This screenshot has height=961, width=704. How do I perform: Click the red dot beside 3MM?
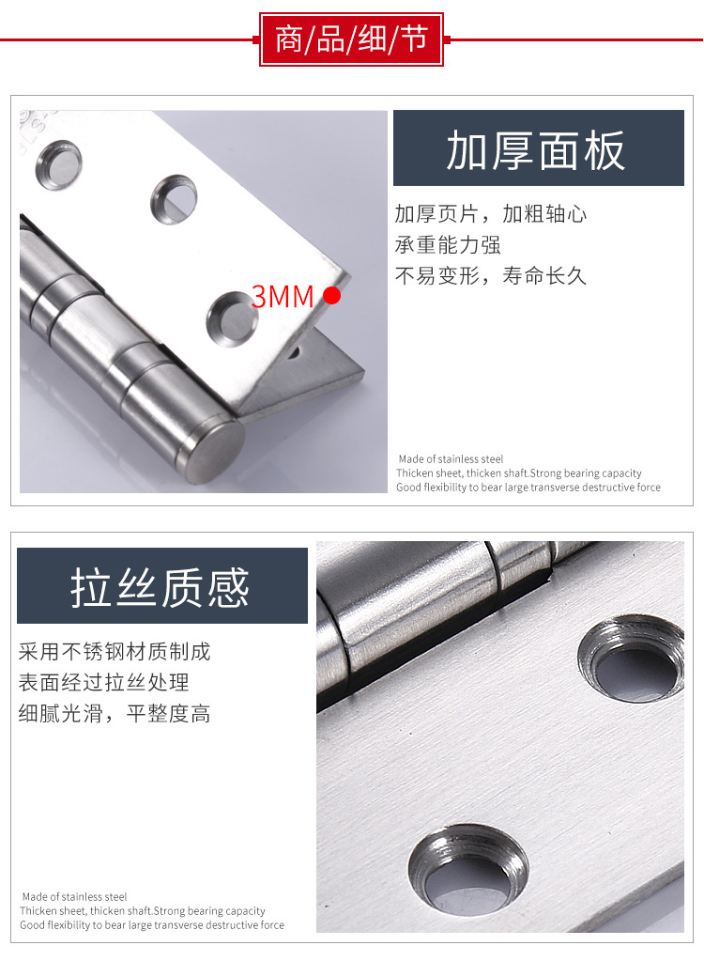point(331,295)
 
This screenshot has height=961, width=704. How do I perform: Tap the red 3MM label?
point(283,297)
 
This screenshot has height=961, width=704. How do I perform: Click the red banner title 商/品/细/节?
point(351,39)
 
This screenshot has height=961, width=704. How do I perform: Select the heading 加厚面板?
point(536,150)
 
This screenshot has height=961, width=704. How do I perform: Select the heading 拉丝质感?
point(160,587)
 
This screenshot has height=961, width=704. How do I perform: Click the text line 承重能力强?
point(448,245)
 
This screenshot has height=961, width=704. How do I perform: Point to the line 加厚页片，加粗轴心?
point(490,214)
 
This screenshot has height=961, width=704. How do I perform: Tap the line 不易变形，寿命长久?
point(490,276)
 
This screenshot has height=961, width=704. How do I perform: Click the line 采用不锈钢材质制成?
point(115,652)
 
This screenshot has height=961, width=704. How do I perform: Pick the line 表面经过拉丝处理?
point(103,682)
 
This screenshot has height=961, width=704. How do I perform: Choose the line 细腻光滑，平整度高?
point(115,713)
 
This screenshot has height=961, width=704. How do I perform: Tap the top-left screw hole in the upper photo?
point(58,165)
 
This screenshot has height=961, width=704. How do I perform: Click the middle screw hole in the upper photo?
point(174,199)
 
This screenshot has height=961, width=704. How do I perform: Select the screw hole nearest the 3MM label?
point(232,318)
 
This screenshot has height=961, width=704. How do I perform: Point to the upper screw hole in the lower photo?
point(631,659)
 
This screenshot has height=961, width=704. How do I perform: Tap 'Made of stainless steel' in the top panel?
point(451,459)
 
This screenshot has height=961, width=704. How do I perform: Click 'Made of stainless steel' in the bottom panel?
point(74,896)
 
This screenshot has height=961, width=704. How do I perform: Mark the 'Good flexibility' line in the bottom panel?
point(152,925)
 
